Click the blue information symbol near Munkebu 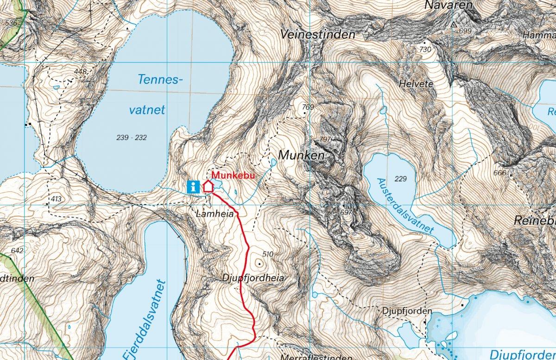click(x=194, y=186)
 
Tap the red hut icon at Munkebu click(x=208, y=186)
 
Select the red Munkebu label click(x=234, y=175)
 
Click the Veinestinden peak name click(x=318, y=35)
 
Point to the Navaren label click(x=448, y=6)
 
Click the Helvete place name click(x=416, y=84)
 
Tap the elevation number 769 click(x=308, y=107)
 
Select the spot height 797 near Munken click(x=326, y=139)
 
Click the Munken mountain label click(x=301, y=156)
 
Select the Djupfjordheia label click(x=253, y=278)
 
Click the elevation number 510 click(x=268, y=254)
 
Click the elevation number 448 click(x=80, y=71)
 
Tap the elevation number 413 click(x=56, y=199)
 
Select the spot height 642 click(x=17, y=251)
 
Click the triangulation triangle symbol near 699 click(x=454, y=24)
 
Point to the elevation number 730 click(x=424, y=49)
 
